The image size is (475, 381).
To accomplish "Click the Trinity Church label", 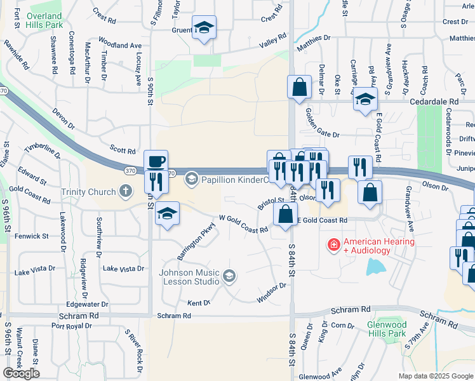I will pyautogui.click(x=88, y=192).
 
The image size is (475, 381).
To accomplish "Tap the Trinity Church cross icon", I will pyautogui.click(x=126, y=191).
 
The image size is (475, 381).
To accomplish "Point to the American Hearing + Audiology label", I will pyautogui.click(x=378, y=246).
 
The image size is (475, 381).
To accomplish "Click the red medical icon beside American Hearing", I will pyautogui.click(x=333, y=244).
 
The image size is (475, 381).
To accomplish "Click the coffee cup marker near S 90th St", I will pyautogui.click(x=156, y=161).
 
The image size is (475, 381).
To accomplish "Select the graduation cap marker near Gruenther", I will pyautogui.click(x=204, y=28).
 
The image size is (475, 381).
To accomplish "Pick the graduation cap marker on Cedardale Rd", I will pyautogui.click(x=365, y=100).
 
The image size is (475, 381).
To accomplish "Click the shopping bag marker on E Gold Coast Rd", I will pyautogui.click(x=286, y=213).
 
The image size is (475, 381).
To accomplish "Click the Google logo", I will pyautogui.click(x=21, y=373).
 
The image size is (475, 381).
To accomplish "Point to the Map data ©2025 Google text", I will pyautogui.click(x=436, y=376).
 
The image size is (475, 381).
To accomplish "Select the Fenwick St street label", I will pyautogui.click(x=32, y=236).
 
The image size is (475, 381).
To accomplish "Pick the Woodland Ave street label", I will pyautogui.click(x=120, y=46).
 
